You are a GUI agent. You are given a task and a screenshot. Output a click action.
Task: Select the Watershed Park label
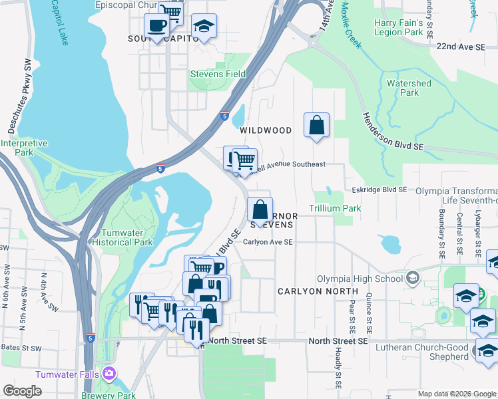pos(409,88)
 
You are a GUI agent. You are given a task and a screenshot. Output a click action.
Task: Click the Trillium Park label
pos(334,208)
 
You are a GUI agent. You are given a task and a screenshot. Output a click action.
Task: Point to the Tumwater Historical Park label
pos(126,237)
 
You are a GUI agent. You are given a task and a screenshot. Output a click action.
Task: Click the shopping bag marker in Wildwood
pos(317,125)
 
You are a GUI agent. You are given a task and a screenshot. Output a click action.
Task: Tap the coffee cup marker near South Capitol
pos(156,27)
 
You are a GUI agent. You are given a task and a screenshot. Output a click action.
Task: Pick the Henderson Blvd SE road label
pos(393,130)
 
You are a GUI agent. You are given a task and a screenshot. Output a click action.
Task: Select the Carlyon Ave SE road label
pos(268,242)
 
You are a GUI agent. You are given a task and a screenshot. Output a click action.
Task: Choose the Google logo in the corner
pos(22,391)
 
